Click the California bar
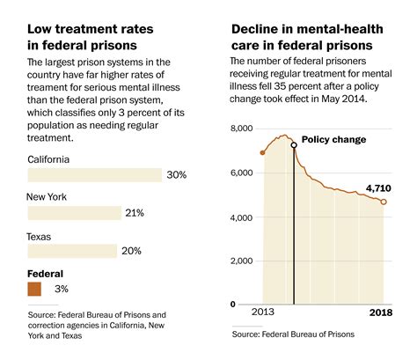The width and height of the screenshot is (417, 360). pyautogui.click(x=95, y=175)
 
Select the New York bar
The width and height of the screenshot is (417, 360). pyautogui.click(x=75, y=213)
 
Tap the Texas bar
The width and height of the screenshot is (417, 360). pyautogui.click(x=72, y=251)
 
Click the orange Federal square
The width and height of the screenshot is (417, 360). pyautogui.click(x=34, y=289)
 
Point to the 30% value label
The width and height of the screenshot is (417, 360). pyautogui.click(x=177, y=175)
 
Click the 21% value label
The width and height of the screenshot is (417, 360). pyautogui.click(x=135, y=213)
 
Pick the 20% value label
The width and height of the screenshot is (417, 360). pyautogui.click(x=131, y=251)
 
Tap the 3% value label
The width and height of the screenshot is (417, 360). pyautogui.click(x=62, y=289)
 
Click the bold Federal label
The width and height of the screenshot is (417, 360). pyautogui.click(x=45, y=274)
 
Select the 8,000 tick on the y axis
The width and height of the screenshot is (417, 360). pyautogui.click(x=242, y=129)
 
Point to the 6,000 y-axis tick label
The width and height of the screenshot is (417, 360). pyautogui.click(x=241, y=173)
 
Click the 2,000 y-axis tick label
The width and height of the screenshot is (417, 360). pyautogui.click(x=241, y=261)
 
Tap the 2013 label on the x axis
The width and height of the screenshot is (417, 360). pyautogui.click(x=263, y=312)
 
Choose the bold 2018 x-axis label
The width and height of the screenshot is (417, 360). pyautogui.click(x=381, y=312)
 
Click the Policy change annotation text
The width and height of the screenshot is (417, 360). pyautogui.click(x=333, y=140)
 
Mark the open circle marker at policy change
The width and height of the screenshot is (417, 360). pyautogui.click(x=294, y=145)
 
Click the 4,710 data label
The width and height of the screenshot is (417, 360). pyautogui.click(x=378, y=188)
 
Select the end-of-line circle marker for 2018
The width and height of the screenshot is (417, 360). pyautogui.click(x=384, y=202)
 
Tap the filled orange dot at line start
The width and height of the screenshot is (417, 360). pyautogui.click(x=262, y=153)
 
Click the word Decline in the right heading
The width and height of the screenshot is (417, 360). pyautogui.click(x=255, y=29)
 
